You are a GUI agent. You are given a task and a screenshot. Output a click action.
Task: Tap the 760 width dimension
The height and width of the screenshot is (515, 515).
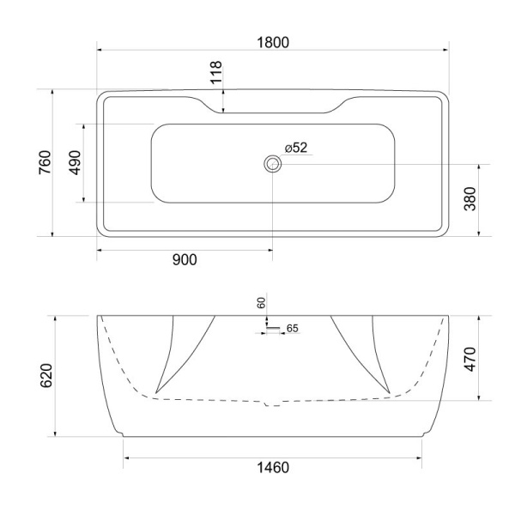click(x=45, y=162)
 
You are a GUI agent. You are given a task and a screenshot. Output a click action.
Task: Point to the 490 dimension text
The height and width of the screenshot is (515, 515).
click(x=75, y=162)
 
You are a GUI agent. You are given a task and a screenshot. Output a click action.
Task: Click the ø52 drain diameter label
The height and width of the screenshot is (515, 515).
click(x=296, y=148)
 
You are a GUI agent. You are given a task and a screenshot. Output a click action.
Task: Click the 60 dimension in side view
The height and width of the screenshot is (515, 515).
click(x=262, y=304)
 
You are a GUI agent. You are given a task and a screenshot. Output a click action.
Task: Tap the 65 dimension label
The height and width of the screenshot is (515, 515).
click(x=292, y=328)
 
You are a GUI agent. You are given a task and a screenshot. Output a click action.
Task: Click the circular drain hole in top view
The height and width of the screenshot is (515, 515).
click(x=273, y=163)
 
